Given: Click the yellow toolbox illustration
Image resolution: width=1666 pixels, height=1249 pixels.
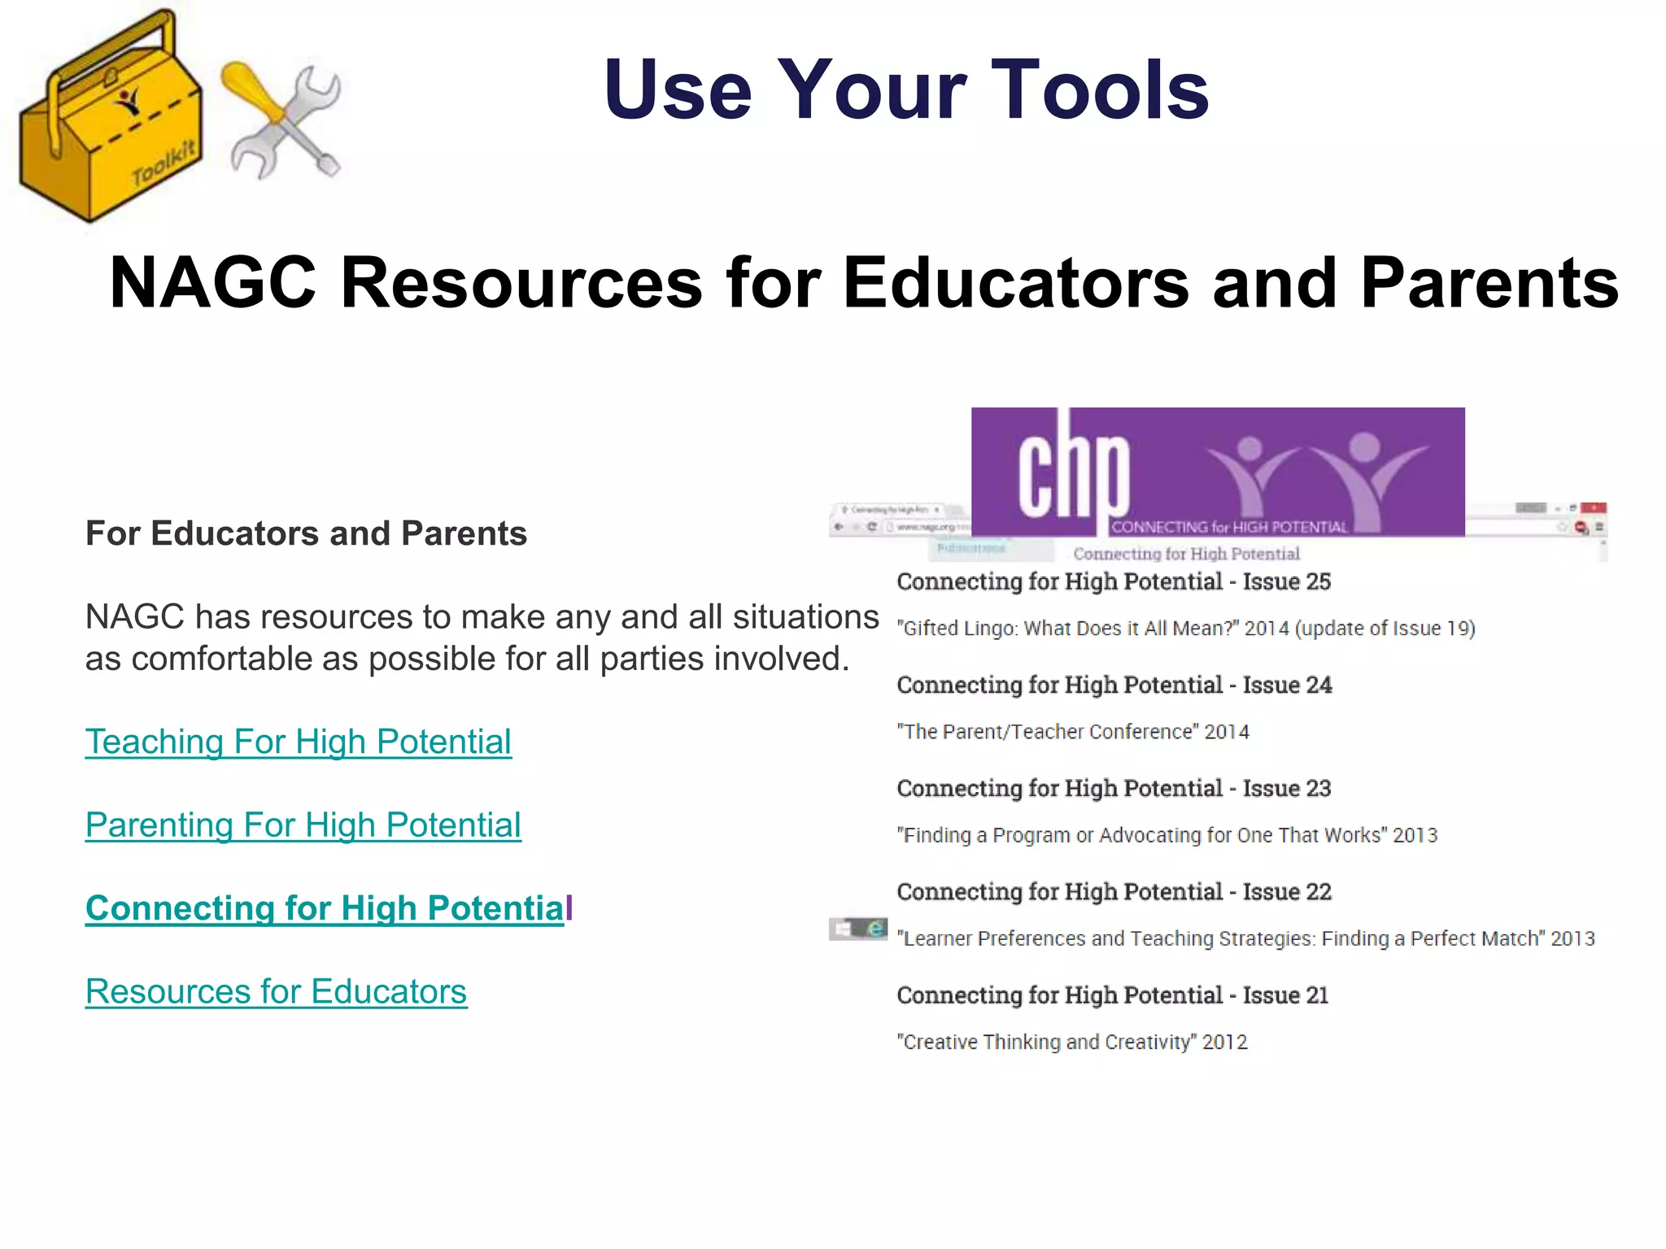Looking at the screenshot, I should click(110, 122).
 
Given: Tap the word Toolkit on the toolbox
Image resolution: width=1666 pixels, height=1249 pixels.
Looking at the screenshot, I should click(164, 163).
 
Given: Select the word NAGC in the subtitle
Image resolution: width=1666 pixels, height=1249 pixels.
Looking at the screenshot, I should click(213, 282).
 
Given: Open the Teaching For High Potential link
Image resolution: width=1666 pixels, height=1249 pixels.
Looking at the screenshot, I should click(299, 742).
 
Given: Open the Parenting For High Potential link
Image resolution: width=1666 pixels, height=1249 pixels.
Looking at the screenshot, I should click(303, 825).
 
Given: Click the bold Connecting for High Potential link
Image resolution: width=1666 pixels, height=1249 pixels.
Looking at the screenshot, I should click(325, 908).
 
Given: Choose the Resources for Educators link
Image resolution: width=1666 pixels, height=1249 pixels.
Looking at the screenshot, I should click(277, 992).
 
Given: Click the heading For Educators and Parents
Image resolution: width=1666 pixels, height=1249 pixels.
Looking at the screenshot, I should click(306, 533).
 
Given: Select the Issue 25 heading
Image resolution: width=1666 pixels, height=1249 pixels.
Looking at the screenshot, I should click(1114, 581).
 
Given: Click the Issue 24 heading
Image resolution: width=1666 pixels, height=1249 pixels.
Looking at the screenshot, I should click(1114, 685).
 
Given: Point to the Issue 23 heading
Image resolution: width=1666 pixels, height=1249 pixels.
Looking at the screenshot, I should click(1114, 788).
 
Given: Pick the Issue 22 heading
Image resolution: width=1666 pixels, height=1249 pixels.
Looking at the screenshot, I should click(1114, 892).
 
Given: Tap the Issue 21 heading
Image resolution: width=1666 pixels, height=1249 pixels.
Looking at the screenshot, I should click(1113, 995).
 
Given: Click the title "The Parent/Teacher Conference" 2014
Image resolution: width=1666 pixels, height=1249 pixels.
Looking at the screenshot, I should click(1073, 732).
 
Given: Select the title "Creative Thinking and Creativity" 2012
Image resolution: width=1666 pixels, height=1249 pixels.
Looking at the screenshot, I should click(1072, 1042).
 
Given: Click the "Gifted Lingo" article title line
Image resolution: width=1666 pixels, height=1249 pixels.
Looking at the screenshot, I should click(1186, 629).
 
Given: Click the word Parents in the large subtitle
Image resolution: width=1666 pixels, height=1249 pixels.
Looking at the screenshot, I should click(1489, 282).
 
